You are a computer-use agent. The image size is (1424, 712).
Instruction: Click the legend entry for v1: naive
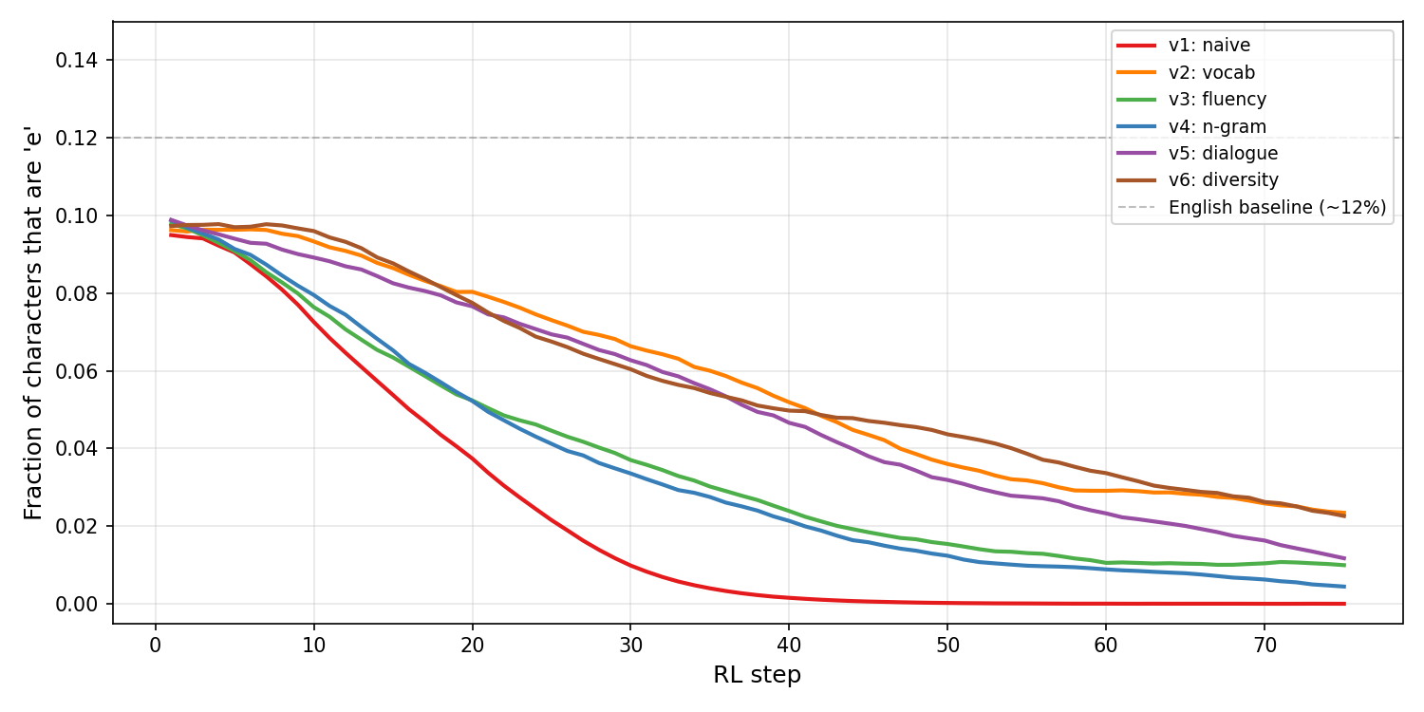[1209, 46]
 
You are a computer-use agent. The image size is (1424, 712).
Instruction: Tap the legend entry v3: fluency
[1217, 100]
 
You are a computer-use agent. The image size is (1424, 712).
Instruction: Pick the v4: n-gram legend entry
[1217, 126]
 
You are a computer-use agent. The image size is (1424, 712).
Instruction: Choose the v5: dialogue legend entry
[1223, 153]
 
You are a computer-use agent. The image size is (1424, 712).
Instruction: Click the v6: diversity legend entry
[1224, 180]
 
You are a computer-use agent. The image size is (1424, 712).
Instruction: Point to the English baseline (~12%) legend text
[1277, 207]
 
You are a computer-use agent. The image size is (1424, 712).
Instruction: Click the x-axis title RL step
[757, 675]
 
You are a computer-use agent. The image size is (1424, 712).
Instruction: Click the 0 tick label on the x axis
[156, 646]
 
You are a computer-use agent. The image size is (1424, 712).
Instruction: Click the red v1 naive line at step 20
[472, 459]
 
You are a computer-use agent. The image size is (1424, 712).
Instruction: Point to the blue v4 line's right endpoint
[1343, 587]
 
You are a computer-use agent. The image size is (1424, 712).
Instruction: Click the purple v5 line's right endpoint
[1343, 558]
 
